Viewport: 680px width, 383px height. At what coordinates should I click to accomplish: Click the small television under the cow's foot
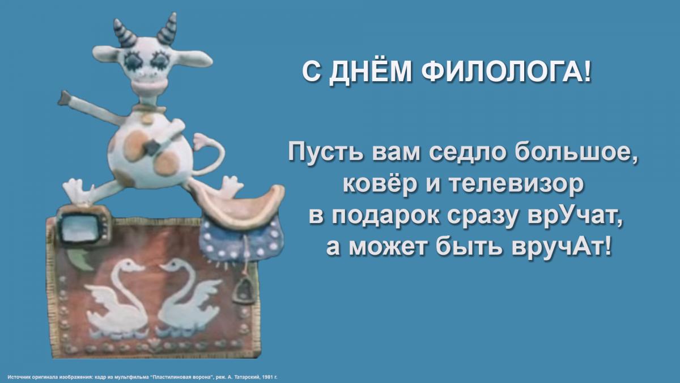pyautogui.click(x=83, y=225)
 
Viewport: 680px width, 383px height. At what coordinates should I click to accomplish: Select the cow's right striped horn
pyautogui.click(x=167, y=28)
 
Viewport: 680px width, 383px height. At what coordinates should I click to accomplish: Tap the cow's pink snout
pyautogui.click(x=151, y=85)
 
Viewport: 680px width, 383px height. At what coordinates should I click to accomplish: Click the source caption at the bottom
pyautogui.click(x=142, y=377)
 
